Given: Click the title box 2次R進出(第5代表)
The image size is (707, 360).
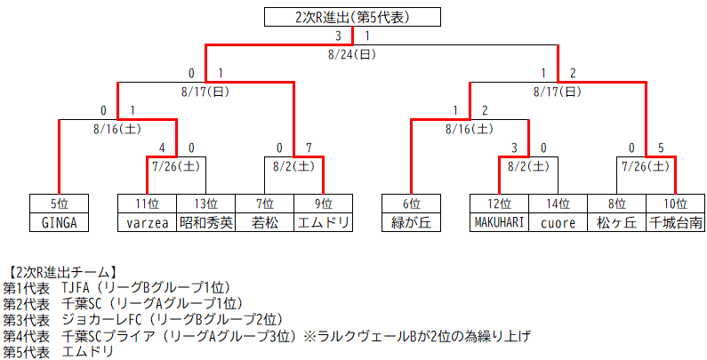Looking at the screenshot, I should [x=353, y=17].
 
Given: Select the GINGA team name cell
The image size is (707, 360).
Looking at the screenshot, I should [x=60, y=222].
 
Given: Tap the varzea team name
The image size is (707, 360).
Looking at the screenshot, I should [x=147, y=222].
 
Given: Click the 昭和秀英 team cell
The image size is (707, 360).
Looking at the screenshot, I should [x=205, y=222].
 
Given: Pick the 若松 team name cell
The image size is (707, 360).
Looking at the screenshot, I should [x=264, y=222].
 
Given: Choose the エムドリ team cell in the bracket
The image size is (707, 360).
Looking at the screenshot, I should [x=323, y=222].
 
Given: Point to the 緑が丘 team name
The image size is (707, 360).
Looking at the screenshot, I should [x=411, y=222].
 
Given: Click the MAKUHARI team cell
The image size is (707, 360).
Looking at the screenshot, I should [x=500, y=222].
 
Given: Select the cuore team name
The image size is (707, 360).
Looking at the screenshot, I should [x=558, y=222].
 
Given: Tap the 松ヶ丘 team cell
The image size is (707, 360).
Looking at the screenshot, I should [x=617, y=222].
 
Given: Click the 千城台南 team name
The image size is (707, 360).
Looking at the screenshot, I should [x=676, y=222].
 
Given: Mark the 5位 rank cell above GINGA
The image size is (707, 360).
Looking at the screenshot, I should [x=60, y=204].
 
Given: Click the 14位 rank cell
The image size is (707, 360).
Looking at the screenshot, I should [x=558, y=204].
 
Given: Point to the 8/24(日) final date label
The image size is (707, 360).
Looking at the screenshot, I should [x=353, y=54].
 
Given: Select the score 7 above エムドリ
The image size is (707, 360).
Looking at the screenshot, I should [x=309, y=148].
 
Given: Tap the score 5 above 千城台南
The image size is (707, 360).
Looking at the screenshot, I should [x=661, y=148].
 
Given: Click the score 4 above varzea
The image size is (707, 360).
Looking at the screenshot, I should [x=161, y=148].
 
